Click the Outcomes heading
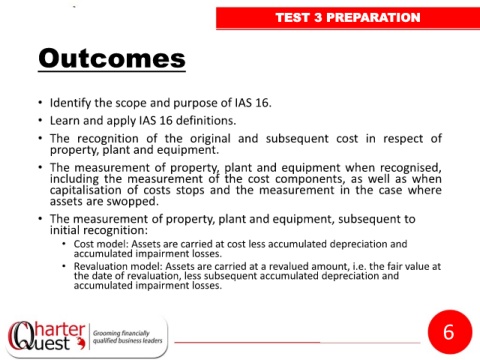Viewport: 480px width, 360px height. [112, 58]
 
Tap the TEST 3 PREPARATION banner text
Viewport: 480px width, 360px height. [348, 18]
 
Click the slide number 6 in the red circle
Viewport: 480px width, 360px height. [449, 332]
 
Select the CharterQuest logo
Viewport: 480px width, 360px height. [47, 336]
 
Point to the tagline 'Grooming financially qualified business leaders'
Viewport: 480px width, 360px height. [127, 337]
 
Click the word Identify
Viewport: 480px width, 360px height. [70, 103]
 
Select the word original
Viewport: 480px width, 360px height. [210, 138]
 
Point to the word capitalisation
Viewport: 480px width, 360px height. [87, 190]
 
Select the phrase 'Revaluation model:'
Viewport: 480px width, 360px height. [118, 266]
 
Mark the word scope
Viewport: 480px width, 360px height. [131, 103]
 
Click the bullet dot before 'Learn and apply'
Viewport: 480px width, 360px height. [40, 120]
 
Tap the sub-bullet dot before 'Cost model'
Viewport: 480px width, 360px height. [64, 244]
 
